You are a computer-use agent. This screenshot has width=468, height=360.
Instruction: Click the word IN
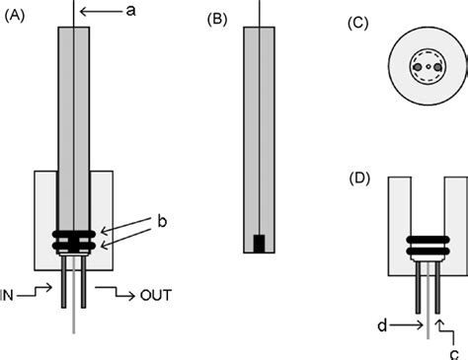[10, 292]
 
